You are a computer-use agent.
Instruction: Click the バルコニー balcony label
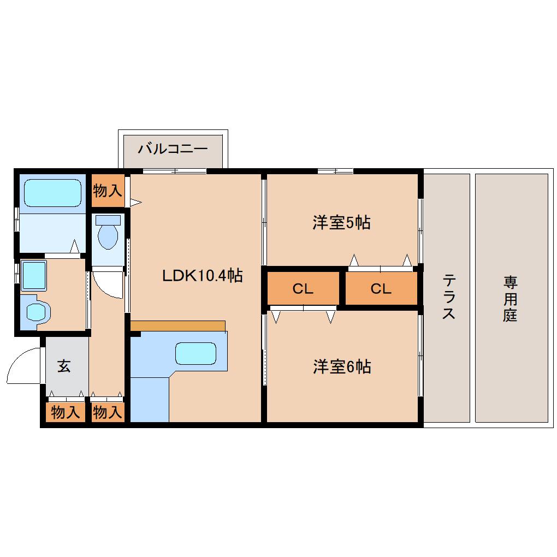pyautogui.click(x=172, y=149)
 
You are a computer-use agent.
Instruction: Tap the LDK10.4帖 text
pyautogui.click(x=202, y=276)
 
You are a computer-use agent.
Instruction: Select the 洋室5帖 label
pyautogui.click(x=342, y=222)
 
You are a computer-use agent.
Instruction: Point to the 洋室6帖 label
pyautogui.click(x=342, y=367)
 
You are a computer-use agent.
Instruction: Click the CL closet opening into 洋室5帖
pyautogui.click(x=381, y=289)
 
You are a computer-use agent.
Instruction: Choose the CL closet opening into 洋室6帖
pyautogui.click(x=303, y=289)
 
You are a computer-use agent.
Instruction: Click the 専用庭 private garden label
pyautogui.click(x=510, y=298)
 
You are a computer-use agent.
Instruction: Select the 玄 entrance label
pyautogui.click(x=64, y=366)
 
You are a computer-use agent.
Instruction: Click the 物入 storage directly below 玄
pyautogui.click(x=65, y=412)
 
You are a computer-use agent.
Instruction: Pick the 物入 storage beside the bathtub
pyautogui.click(x=107, y=191)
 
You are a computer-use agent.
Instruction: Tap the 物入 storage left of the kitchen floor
pyautogui.click(x=107, y=412)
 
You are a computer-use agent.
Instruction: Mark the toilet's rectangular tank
pyautogui.click(x=108, y=220)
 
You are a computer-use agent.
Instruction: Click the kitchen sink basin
pyautogui.click(x=195, y=353)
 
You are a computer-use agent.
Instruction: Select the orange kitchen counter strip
pyautogui.click(x=178, y=325)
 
